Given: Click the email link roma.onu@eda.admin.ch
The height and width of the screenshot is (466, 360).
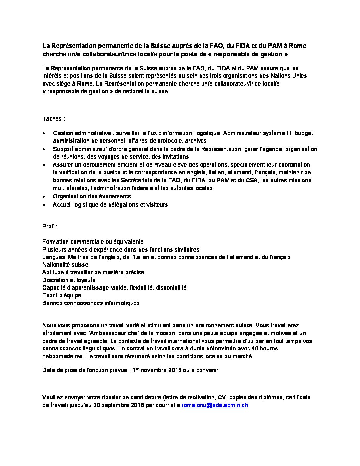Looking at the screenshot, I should click(x=215, y=405).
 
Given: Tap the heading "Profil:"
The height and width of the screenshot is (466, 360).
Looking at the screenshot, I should click(x=50, y=226).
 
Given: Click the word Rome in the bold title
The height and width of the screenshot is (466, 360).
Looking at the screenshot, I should click(x=297, y=46).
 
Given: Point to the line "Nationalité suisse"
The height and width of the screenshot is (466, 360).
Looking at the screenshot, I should click(x=65, y=265).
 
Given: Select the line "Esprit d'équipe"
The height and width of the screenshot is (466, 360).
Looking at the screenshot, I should click(x=62, y=295).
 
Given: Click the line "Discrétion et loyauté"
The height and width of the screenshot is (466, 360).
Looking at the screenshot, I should click(x=69, y=280).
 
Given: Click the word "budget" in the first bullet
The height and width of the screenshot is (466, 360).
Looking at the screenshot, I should click(x=304, y=133).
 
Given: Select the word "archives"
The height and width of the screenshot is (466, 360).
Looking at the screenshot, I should click(x=196, y=141).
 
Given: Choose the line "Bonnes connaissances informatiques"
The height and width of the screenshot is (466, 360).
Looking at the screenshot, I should click(x=91, y=303).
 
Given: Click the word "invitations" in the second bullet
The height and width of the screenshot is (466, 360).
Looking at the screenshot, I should click(x=173, y=157).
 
